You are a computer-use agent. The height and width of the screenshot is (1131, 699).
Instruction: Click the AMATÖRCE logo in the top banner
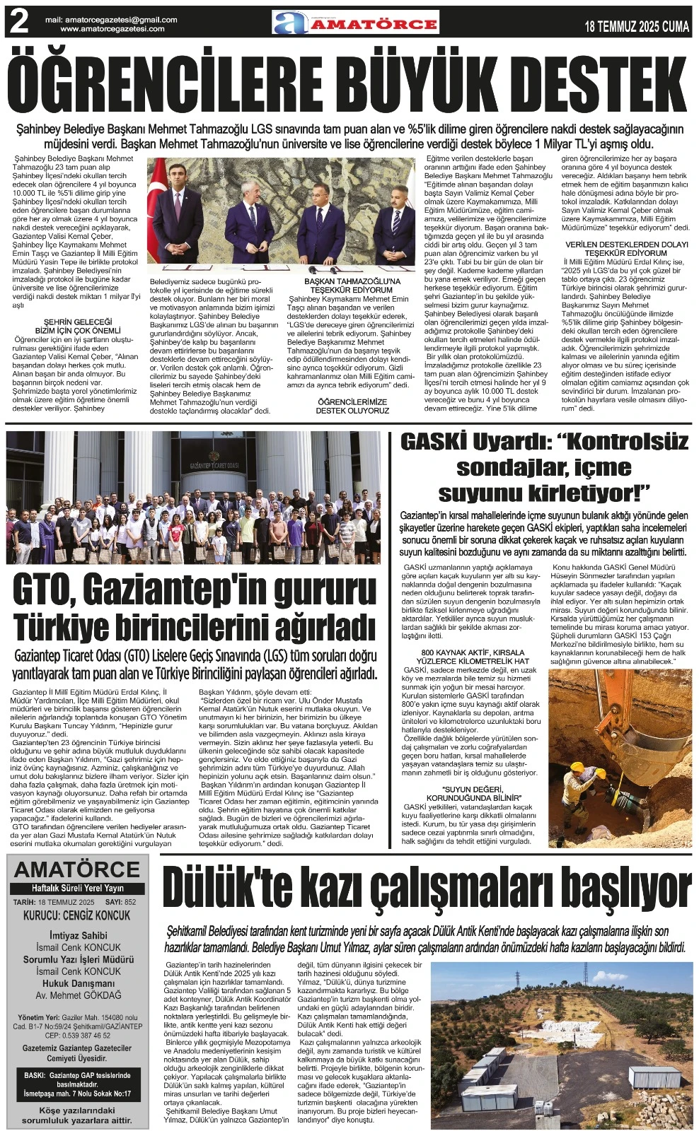(356, 23)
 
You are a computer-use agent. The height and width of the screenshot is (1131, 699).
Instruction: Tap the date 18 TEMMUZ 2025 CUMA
(637, 27)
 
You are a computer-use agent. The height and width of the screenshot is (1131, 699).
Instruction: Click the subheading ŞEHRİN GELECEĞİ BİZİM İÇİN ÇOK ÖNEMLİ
(78, 326)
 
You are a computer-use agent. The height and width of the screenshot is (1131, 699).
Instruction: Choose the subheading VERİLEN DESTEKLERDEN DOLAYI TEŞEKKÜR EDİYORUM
(626, 248)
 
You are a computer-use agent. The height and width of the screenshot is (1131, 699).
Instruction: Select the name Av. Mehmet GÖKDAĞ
(78, 995)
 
